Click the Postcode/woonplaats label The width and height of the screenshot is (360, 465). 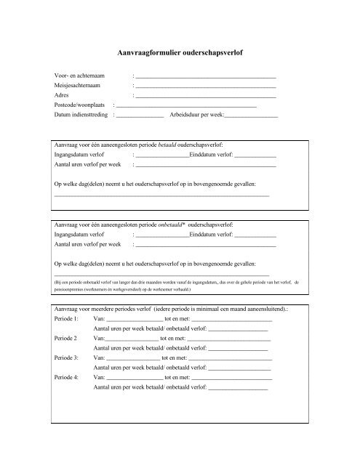pyautogui.click(x=81, y=105)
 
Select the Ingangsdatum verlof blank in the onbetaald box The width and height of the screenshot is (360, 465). pyautogui.click(x=161, y=236)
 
